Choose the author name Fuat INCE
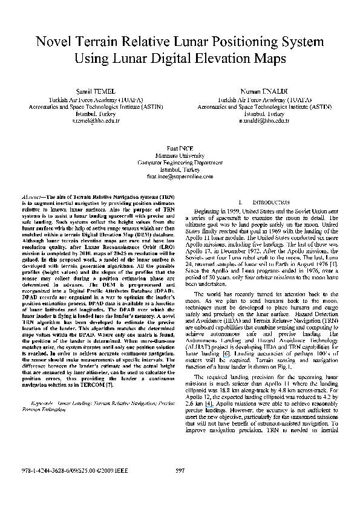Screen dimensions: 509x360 click(x=179, y=148)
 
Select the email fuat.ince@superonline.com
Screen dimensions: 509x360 click(x=179, y=177)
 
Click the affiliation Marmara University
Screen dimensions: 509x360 click(x=179, y=155)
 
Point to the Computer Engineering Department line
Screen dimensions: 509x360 click(x=179, y=163)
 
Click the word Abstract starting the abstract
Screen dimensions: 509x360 click(x=33, y=198)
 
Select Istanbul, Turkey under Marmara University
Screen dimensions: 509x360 click(x=179, y=170)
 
